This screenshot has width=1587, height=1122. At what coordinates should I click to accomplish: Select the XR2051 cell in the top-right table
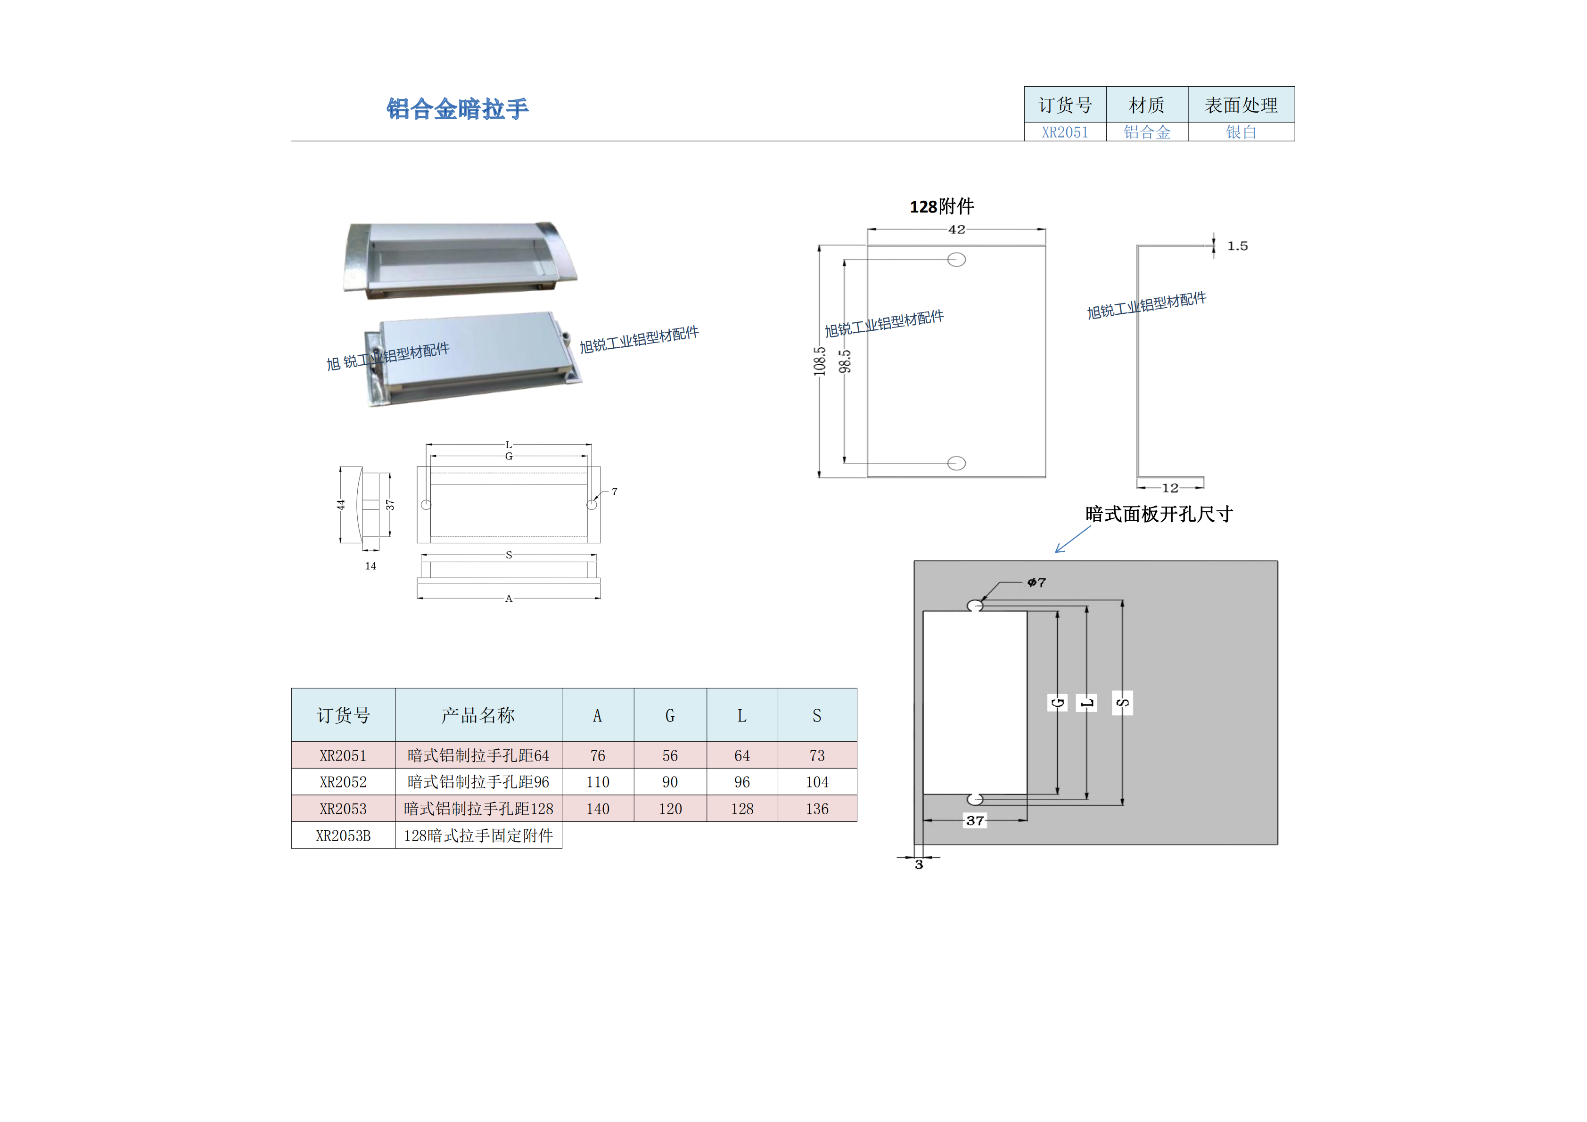point(1064,132)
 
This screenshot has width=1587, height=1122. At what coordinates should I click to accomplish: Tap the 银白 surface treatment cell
point(1241,132)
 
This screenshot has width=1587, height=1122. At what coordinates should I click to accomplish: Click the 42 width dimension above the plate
point(956,229)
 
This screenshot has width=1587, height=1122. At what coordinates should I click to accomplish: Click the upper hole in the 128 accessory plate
point(956,260)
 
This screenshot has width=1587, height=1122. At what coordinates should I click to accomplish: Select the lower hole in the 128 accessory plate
point(956,463)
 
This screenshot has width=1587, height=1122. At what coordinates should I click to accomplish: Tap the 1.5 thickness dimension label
point(1237,246)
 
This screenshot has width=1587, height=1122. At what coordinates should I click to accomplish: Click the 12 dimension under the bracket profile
point(1169,488)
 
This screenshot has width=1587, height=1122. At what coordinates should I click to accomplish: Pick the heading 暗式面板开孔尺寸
point(1159,514)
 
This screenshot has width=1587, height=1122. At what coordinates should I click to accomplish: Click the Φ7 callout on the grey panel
point(1036,582)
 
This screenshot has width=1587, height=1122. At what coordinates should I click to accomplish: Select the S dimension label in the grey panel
point(1122,703)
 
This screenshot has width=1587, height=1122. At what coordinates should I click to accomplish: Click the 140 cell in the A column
point(597,808)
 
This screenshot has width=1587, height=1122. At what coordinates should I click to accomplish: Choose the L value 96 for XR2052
point(742,782)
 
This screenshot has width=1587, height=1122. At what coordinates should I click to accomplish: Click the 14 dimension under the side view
point(370,566)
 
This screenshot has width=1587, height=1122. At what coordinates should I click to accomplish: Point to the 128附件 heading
point(941,206)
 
